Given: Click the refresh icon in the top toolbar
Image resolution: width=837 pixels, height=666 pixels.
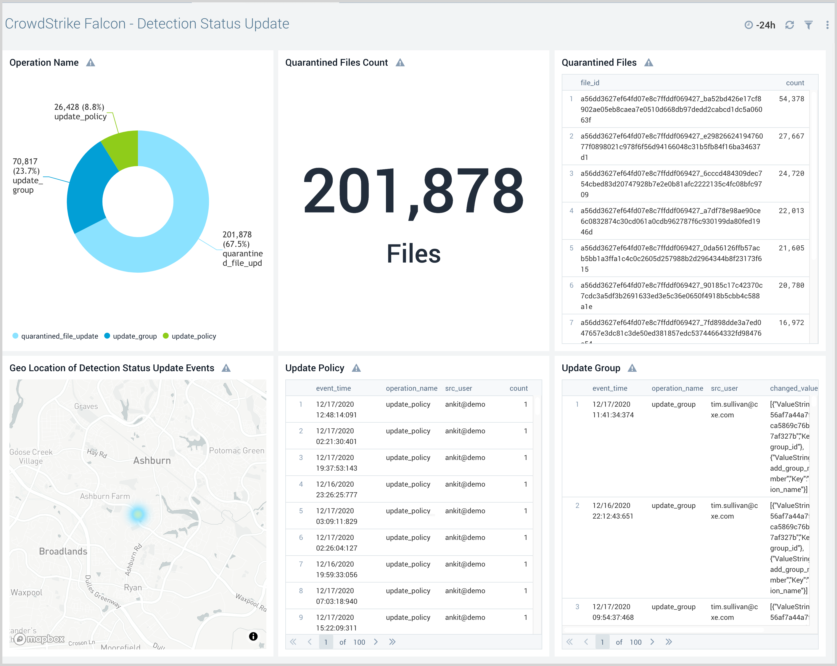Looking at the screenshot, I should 789,25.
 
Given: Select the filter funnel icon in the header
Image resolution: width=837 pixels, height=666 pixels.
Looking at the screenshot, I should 808,25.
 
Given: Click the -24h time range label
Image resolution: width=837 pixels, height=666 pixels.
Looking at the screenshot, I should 765,25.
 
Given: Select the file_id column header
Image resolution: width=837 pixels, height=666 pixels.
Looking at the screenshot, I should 590,83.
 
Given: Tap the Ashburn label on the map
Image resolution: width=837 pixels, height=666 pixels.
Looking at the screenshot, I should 152,461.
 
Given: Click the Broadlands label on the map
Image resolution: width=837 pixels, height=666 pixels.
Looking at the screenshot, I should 63,551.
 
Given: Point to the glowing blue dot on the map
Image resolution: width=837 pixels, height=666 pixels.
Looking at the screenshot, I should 137,514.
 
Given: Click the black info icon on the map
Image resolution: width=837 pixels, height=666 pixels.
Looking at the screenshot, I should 253,636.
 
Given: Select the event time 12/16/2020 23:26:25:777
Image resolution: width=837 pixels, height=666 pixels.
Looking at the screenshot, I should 336,489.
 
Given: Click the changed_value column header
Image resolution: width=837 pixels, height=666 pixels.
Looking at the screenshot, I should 793,388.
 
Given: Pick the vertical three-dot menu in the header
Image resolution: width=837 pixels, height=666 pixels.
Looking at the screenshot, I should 827,25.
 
